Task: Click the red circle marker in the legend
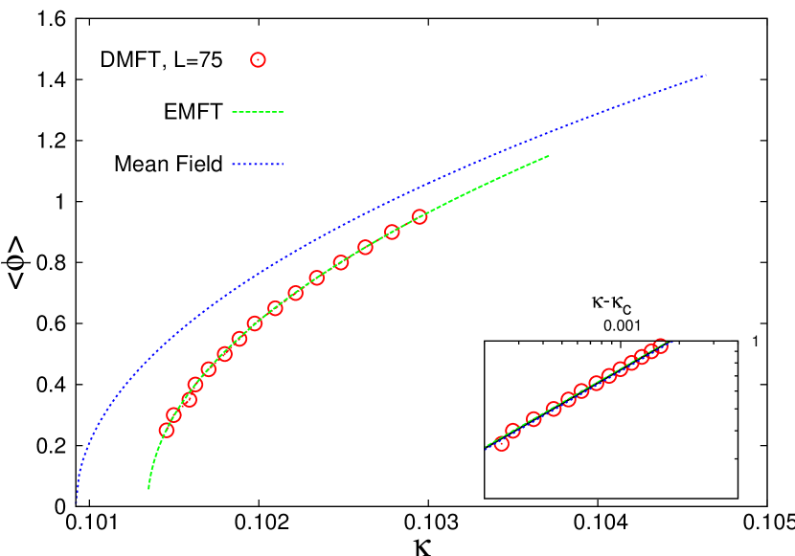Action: tap(258, 59)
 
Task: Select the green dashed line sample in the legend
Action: tap(258, 112)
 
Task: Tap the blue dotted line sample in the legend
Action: tap(258, 164)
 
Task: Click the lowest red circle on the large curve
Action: tap(167, 431)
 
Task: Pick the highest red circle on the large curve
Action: tap(419, 216)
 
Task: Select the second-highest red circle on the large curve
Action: tap(392, 232)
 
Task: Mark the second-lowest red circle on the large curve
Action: tap(173, 415)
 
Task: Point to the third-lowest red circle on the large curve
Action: tap(189, 399)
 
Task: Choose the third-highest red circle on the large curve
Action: tap(365, 247)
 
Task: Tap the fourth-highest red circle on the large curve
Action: tap(340, 262)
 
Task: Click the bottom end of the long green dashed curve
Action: tap(148, 488)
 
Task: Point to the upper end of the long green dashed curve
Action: tap(549, 155)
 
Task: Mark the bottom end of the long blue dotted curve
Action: tap(77, 502)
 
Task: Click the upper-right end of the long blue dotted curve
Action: tap(706, 75)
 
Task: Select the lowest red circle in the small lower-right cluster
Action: tap(501, 443)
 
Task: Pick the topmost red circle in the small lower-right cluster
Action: tap(660, 345)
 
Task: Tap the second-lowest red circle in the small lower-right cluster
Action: tap(512, 431)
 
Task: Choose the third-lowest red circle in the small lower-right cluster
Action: tap(534, 419)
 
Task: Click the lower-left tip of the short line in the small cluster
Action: tap(487, 447)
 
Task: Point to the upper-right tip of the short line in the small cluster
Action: tap(670, 342)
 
